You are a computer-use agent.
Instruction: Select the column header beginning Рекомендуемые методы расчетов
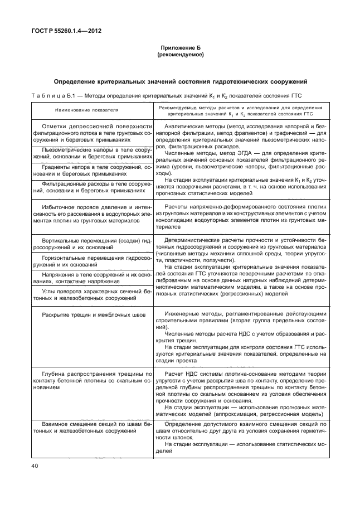pos(241,110)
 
